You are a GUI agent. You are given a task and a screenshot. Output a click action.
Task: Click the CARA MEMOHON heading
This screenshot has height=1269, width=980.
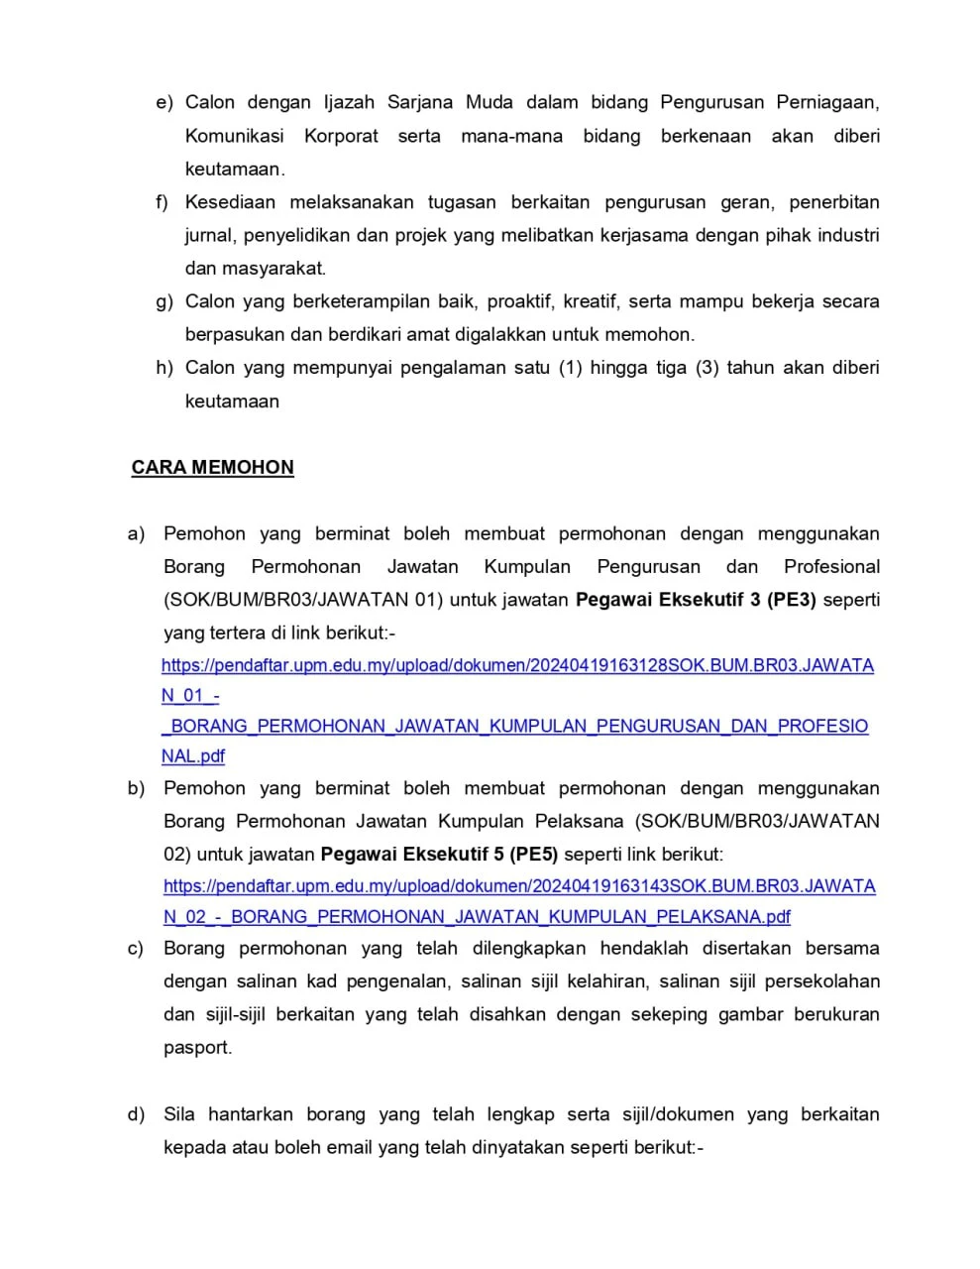point(212,467)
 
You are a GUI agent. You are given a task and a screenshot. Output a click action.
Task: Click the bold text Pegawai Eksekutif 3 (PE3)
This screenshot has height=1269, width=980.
point(696,600)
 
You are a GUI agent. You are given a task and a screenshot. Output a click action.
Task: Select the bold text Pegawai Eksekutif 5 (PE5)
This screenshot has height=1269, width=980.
point(439,854)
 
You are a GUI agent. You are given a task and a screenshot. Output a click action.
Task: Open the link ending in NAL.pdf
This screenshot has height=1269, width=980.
point(193,755)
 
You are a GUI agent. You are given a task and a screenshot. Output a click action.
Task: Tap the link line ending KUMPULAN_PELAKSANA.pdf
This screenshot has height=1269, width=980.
point(477,916)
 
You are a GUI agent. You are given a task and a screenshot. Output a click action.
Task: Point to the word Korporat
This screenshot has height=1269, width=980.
point(341,136)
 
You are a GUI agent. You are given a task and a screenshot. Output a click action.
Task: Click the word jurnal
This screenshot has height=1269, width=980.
point(207,236)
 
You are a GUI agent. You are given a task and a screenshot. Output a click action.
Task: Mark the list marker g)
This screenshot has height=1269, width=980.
point(164,301)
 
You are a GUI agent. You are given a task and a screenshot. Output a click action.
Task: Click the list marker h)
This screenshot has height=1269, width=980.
point(164,368)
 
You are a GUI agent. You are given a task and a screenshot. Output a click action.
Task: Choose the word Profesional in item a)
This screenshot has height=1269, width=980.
point(831,567)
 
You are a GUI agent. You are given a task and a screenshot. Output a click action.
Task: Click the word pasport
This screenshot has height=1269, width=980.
point(197,1048)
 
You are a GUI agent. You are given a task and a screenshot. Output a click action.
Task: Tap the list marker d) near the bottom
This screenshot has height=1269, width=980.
point(137,1114)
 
